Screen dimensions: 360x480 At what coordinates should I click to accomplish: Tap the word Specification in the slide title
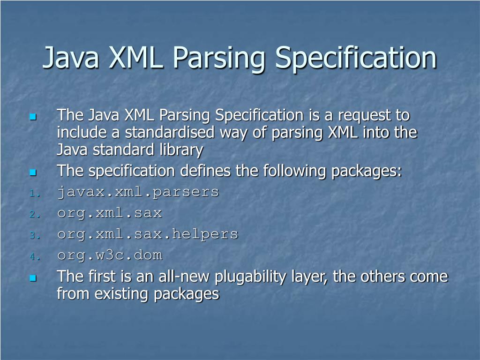355,57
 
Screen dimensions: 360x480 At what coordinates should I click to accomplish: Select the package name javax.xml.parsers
138,192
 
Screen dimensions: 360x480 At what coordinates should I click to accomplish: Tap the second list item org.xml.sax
109,213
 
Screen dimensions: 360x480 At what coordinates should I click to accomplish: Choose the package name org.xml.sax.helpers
148,234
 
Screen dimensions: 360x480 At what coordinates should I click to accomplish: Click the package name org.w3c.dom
109,255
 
